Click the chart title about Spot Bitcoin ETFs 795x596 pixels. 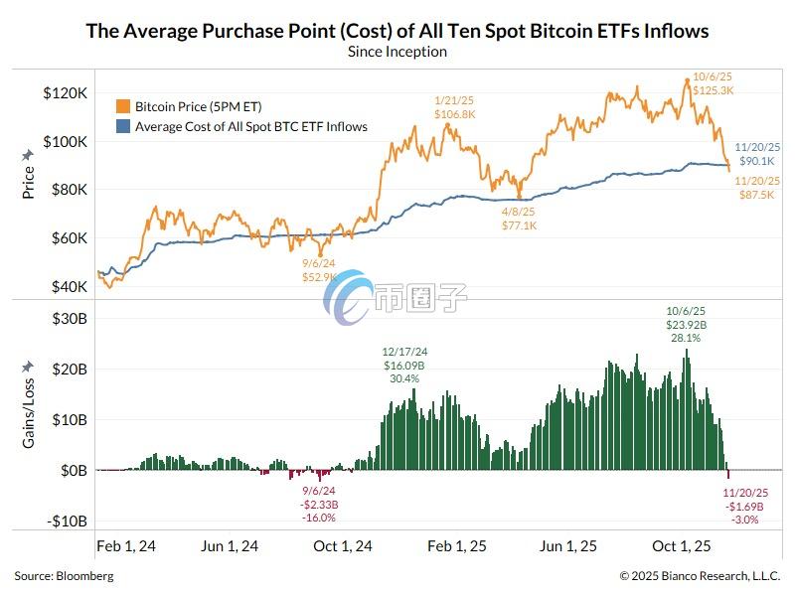[x=397, y=31]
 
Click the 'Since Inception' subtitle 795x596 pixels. [x=397, y=52]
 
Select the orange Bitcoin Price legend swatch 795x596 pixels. [x=123, y=105]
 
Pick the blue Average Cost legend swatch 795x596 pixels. [x=123, y=126]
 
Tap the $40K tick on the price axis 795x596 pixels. [x=68, y=286]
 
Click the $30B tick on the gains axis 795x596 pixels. [x=68, y=318]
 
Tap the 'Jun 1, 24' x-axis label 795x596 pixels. [x=230, y=546]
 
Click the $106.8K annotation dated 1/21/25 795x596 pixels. [x=455, y=114]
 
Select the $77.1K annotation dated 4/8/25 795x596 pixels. [x=520, y=225]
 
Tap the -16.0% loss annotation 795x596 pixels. [x=320, y=517]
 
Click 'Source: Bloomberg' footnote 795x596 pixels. [x=64, y=576]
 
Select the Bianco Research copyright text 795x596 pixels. [x=700, y=576]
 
